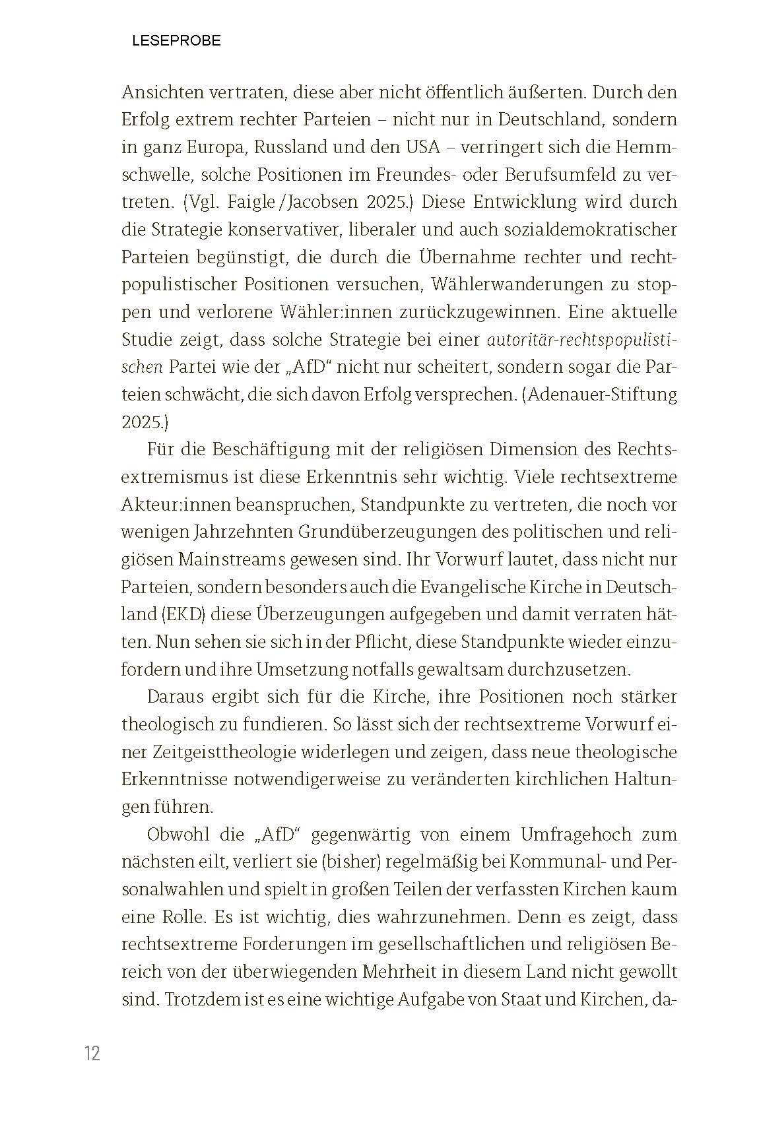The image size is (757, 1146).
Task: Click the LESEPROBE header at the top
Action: coord(176,41)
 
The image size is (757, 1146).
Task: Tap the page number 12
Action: coord(92,1053)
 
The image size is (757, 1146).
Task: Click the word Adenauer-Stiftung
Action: coord(604,395)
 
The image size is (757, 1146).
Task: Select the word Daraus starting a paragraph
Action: coord(174,697)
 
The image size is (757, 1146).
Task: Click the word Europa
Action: coord(208,147)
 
